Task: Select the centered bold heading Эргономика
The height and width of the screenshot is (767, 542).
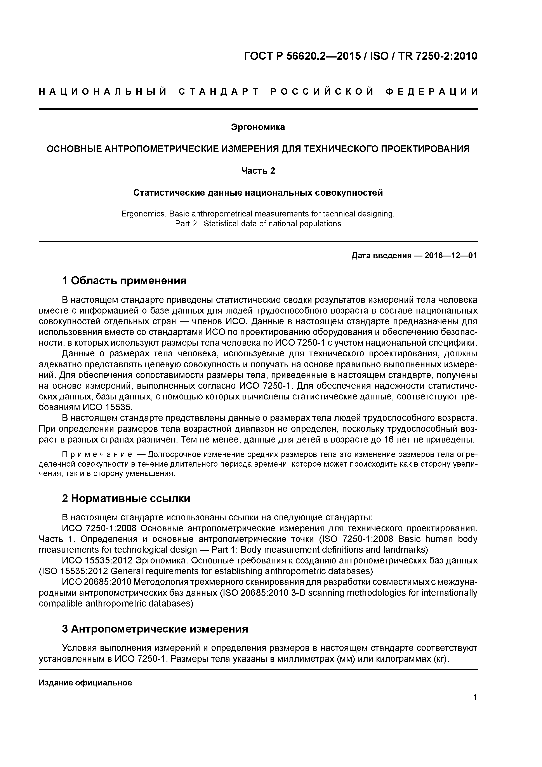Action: coord(258,127)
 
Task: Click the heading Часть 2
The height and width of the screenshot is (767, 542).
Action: coord(258,171)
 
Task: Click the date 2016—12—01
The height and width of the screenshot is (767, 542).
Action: coord(451,256)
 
